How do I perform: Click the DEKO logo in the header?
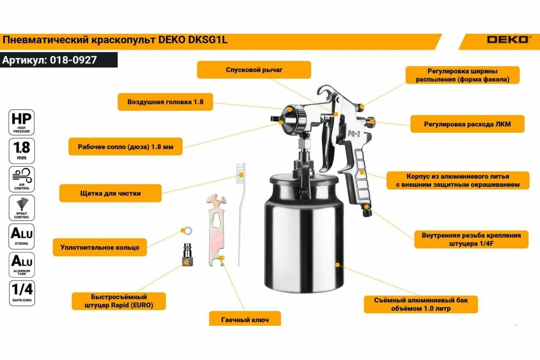point(507,40)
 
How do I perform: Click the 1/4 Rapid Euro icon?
point(22,293)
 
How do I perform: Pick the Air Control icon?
point(22,179)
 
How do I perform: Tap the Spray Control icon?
point(22,207)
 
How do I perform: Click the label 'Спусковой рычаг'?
point(254,70)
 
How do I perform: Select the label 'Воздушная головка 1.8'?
point(165,102)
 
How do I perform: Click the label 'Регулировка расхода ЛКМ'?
point(467,124)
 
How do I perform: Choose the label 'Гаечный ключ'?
point(245,319)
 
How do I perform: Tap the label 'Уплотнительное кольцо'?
point(100,247)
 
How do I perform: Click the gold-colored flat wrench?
point(216,229)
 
